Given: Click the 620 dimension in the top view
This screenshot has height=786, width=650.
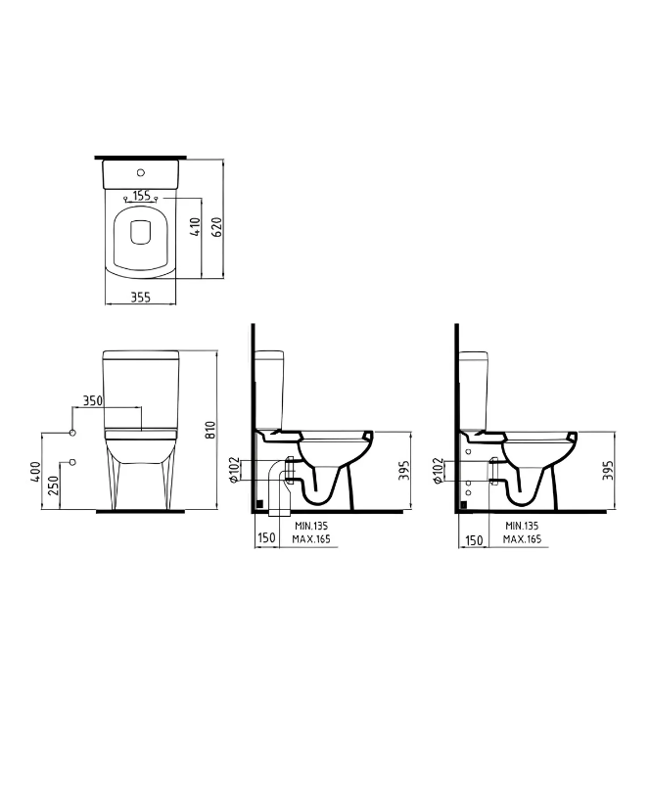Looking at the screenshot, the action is (217, 228).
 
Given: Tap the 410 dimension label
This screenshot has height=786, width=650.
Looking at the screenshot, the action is (196, 226).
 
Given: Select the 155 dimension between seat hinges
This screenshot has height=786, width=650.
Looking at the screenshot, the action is (141, 195).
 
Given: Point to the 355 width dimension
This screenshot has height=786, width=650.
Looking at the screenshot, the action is (141, 298).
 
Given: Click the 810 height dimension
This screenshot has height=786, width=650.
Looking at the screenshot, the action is (211, 430).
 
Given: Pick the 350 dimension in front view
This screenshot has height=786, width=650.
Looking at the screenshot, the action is (92, 400).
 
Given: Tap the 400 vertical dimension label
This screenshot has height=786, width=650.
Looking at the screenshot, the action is (34, 472).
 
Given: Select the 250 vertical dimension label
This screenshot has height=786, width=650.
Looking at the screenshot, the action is (53, 485).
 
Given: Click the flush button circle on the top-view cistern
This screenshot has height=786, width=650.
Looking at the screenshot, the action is (141, 172).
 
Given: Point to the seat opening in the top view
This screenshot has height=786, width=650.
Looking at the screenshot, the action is (140, 233).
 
